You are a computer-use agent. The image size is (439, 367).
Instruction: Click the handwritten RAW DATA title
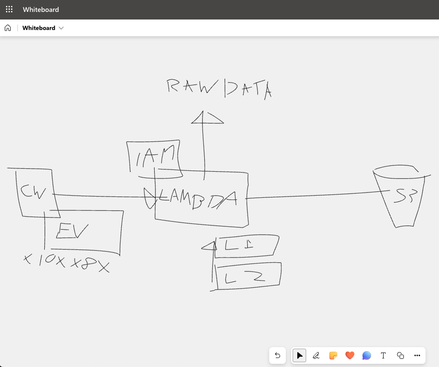click(x=219, y=89)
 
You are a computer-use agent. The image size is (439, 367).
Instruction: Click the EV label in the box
click(x=72, y=231)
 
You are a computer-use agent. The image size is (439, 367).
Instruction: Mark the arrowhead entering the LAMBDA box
click(x=149, y=198)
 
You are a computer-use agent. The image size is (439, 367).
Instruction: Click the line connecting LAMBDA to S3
click(x=315, y=195)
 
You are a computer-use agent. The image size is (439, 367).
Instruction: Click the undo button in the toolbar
click(x=277, y=355)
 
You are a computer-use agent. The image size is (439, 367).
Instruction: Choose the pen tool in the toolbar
click(x=316, y=355)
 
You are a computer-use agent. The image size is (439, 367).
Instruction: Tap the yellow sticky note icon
click(x=333, y=355)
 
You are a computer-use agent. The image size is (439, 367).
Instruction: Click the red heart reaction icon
click(x=350, y=355)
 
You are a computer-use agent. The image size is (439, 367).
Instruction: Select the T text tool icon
click(x=383, y=355)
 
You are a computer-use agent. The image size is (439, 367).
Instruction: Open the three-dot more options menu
click(x=417, y=355)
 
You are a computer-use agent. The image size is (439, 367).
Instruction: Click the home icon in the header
click(x=8, y=28)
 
